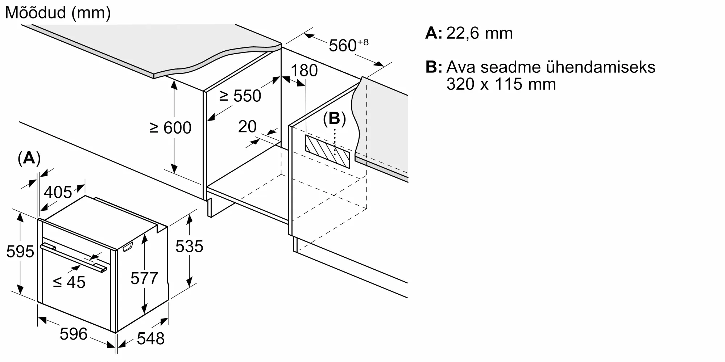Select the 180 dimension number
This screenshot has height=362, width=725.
[x=304, y=70]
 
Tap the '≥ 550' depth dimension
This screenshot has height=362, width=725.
[x=240, y=96]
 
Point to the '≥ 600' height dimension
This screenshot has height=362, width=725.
[x=170, y=128]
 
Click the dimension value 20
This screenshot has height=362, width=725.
[x=247, y=127]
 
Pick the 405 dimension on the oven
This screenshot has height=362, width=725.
[x=58, y=192]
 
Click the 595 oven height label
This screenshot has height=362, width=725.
[x=20, y=252]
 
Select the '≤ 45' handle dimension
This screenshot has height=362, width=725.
[x=69, y=282]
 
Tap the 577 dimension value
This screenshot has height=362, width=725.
[x=144, y=278]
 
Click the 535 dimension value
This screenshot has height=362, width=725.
[x=189, y=247]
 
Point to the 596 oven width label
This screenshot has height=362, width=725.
[x=74, y=334]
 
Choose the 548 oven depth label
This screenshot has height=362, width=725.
[x=151, y=338]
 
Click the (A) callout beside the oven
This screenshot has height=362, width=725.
[x=29, y=159]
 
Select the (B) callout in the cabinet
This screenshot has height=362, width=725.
[x=334, y=119]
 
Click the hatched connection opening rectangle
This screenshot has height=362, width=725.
[x=327, y=151]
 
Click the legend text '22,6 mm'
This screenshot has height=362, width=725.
[x=479, y=33]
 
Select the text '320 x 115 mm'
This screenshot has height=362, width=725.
[x=501, y=84]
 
